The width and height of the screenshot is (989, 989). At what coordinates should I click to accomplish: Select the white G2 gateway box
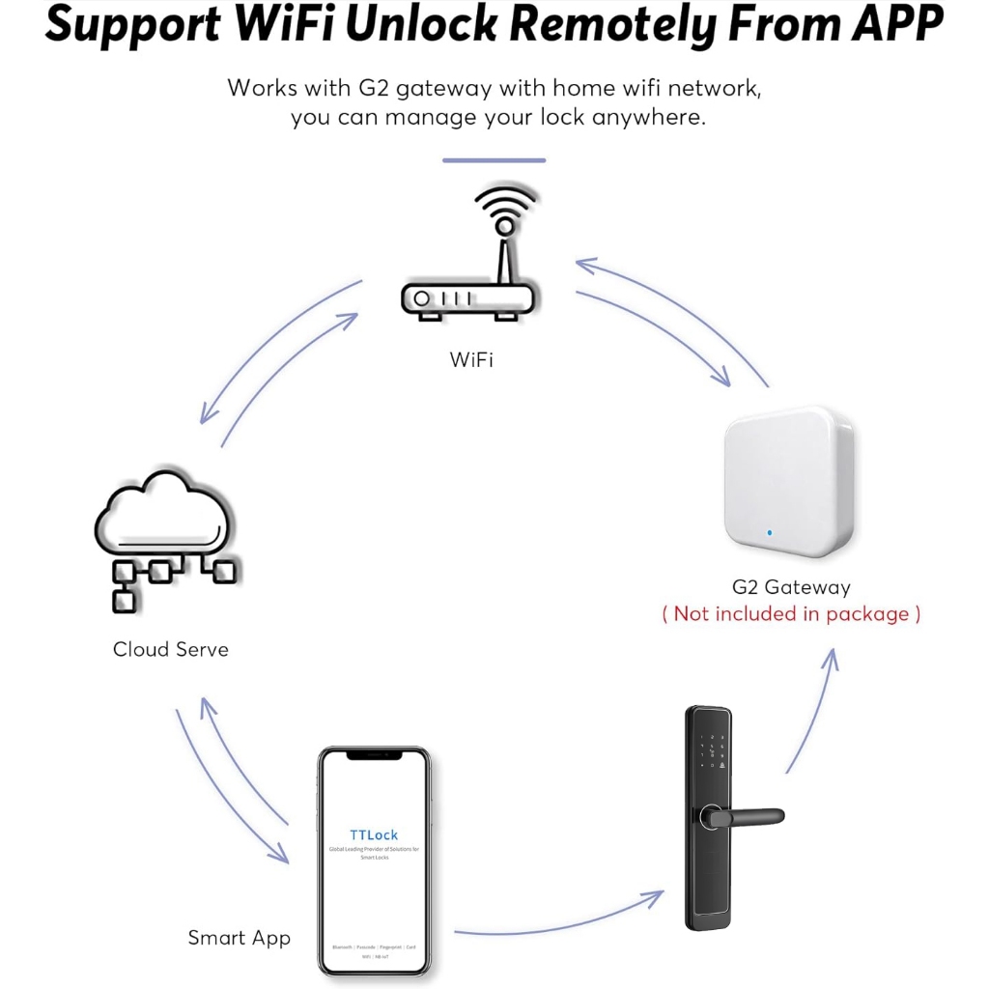tap(789, 479)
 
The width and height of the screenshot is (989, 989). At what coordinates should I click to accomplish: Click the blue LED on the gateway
tap(770, 531)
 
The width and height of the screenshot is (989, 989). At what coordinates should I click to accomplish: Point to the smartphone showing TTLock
tap(374, 859)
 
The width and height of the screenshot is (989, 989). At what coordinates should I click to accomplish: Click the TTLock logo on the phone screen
tap(374, 834)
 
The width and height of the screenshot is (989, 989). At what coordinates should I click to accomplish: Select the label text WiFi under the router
tap(471, 360)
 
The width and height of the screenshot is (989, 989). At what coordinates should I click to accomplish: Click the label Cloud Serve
tap(171, 649)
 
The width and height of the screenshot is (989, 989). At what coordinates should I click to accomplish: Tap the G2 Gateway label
tap(791, 587)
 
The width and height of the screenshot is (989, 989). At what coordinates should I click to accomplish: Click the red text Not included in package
tap(791, 614)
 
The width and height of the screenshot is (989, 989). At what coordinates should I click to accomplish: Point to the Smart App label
tap(239, 938)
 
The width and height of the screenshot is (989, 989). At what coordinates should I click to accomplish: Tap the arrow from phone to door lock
tap(560, 922)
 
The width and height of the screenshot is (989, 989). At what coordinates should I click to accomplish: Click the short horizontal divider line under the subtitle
tap(494, 160)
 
